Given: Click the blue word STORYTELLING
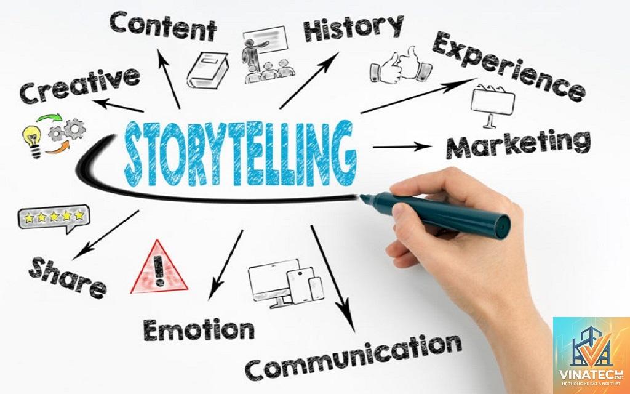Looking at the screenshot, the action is tap(240, 153).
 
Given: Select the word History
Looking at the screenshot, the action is tap(354, 27).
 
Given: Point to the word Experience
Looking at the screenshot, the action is tap(509, 66).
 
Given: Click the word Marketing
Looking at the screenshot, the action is tap(518, 144).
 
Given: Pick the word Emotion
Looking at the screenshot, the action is tap(199, 330).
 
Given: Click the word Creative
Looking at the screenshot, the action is tap(79, 85).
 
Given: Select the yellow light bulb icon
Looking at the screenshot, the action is tap(32, 141).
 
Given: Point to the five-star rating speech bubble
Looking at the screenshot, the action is tap(54, 219).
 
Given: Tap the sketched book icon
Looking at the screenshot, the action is tap(207, 70).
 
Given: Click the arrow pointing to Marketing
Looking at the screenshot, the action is tap(402, 147).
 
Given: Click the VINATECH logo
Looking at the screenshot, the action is tap(591, 355).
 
